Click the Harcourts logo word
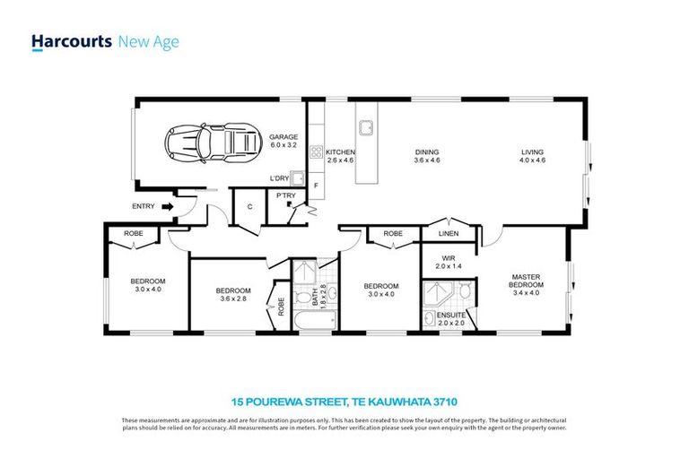coord(72,42)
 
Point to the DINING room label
coord(426,152)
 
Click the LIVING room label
coord(533,152)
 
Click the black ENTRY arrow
coord(166,206)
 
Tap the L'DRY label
coord(280,179)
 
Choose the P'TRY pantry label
coord(285,195)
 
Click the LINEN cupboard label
coord(449,235)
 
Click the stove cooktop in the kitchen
coord(316,152)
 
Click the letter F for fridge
coord(316,186)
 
